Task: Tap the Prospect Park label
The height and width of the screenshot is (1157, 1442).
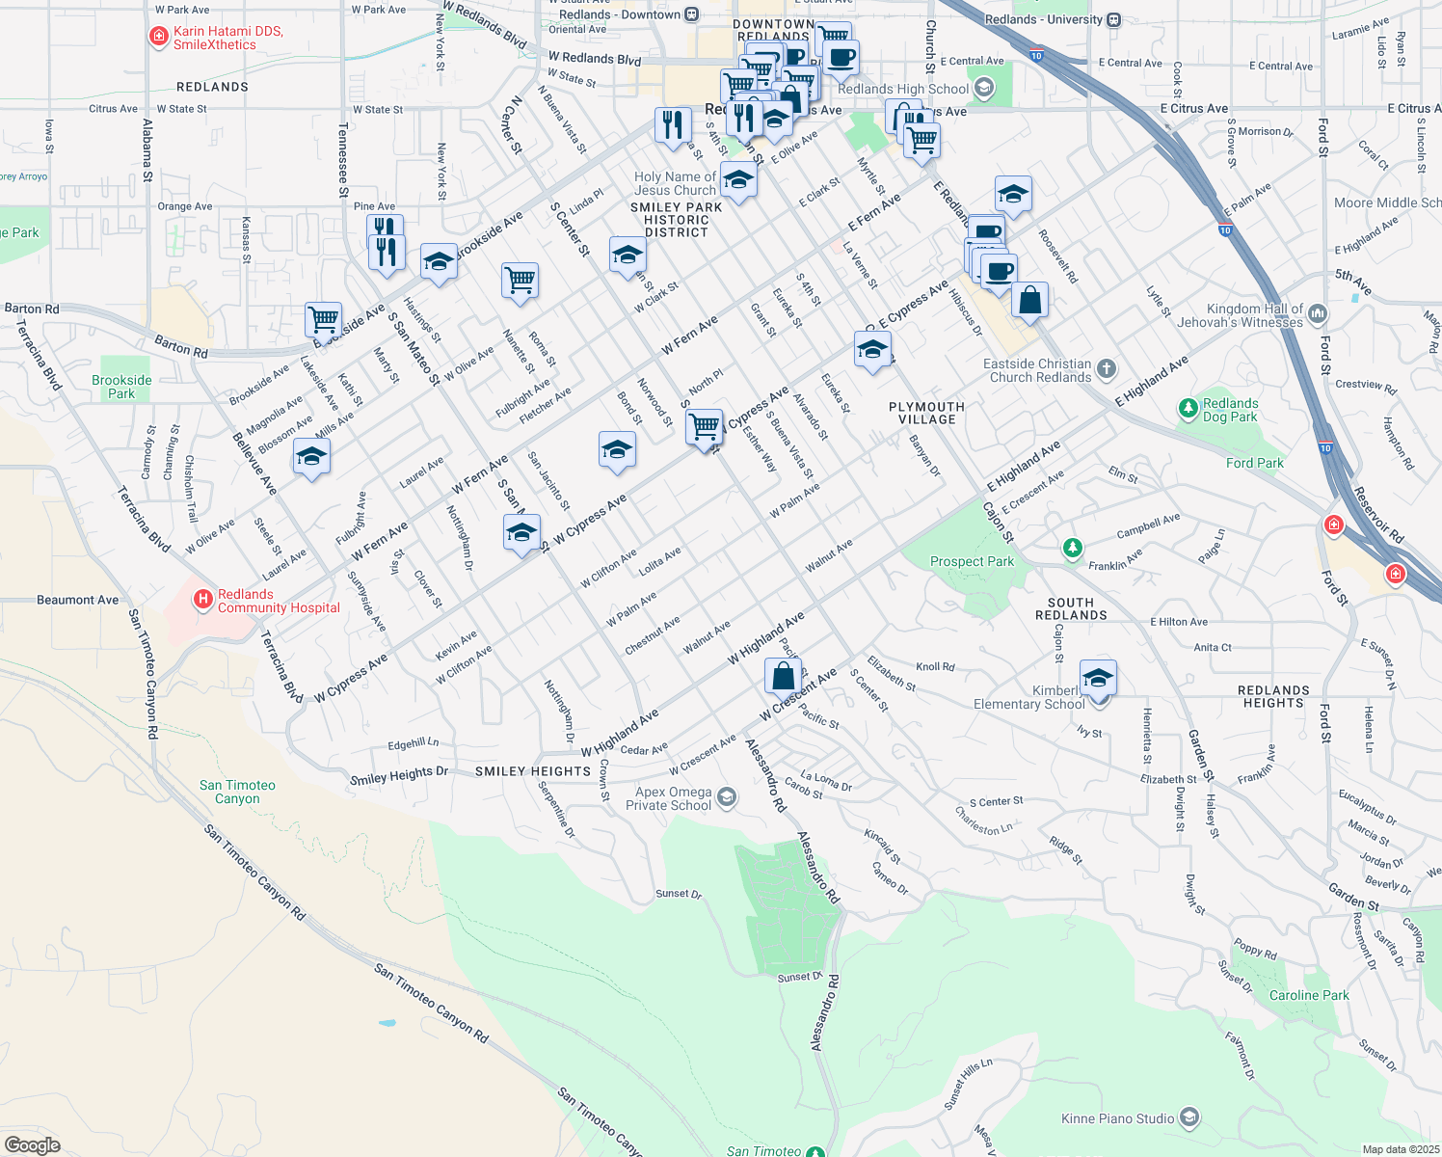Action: pos(972,561)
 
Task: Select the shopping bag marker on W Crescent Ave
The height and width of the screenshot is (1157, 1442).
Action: pos(783,675)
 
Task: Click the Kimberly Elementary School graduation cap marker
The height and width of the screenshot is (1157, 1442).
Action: pos(1098,679)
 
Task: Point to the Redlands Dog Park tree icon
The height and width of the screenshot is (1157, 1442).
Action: pos(1188,410)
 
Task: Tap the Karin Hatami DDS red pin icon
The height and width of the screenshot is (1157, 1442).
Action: pos(159,38)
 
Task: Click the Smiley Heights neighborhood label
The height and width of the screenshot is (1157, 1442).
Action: pos(532,771)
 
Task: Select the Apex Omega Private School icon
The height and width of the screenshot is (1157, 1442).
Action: pos(727,797)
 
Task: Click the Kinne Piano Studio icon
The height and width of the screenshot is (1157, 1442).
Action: pos(1189,1118)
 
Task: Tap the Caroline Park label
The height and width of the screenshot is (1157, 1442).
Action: pos(1308,995)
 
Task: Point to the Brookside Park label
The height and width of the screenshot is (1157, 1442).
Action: pos(121,387)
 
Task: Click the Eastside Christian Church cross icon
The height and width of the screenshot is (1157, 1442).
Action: pos(1107,369)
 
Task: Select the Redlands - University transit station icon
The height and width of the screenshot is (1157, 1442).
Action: pos(1114,19)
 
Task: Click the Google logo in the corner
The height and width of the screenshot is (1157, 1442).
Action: pos(32,1145)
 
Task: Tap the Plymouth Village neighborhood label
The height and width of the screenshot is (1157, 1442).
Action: pos(926,413)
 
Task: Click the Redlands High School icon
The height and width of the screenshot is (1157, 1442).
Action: pos(984,89)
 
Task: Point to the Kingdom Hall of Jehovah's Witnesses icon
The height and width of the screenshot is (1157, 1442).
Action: pos(1318,314)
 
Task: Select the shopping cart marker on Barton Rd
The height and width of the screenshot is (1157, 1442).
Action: pos(323,318)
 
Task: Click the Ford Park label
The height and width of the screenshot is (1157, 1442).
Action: pos(1254,463)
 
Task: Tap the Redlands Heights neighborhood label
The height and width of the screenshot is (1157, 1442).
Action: pos(1273,696)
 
